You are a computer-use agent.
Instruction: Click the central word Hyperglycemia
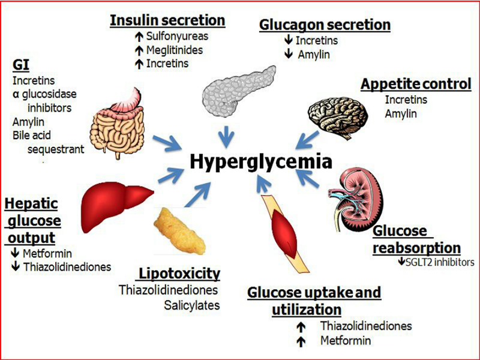click(x=261, y=162)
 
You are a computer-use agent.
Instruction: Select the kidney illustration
click(x=356, y=200)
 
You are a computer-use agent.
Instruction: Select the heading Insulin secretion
click(x=167, y=20)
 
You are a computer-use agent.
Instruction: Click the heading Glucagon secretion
click(x=325, y=25)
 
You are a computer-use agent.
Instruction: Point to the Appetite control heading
click(x=416, y=84)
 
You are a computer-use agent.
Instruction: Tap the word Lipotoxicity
click(x=179, y=274)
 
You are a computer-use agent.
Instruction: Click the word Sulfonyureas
click(x=177, y=36)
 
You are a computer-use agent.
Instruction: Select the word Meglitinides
click(x=175, y=50)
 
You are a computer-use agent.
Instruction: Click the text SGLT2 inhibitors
click(x=440, y=262)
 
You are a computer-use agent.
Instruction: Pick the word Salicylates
click(x=192, y=305)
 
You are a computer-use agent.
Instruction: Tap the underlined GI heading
click(x=21, y=65)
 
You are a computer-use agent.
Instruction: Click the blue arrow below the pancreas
click(x=227, y=137)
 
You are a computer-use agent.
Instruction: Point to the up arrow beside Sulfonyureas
click(x=139, y=37)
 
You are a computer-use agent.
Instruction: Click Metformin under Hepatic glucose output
click(x=47, y=253)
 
